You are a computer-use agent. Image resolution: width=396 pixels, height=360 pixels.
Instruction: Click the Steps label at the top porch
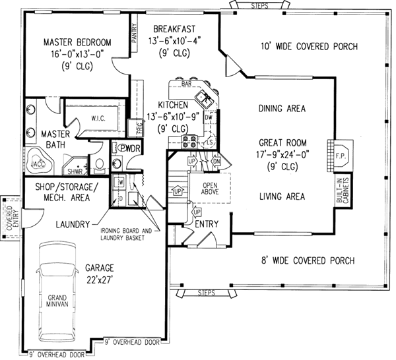coord(261,5)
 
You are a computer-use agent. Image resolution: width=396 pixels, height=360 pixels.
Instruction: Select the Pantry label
coord(134,32)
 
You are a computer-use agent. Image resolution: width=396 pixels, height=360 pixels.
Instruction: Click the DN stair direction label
coord(217,162)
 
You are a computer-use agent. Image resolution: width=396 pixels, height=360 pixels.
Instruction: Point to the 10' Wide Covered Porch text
coord(309,47)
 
